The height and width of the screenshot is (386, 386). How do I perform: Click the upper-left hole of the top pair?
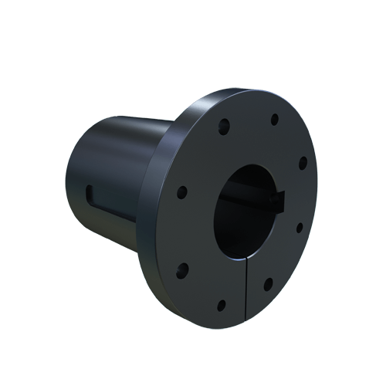pos(225,123)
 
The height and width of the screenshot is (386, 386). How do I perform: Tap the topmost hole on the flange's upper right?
pos(274,119)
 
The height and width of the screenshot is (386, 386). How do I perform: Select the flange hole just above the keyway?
pos(303,162)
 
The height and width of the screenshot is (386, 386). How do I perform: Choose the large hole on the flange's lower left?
pos(184,269)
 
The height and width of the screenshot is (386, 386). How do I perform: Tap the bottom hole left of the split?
pos(222,304)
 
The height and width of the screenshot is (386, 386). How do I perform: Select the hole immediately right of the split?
pos(268,284)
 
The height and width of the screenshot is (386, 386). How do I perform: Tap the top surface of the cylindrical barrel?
pos(131,124)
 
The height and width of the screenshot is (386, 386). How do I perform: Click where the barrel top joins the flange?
pos(171,122)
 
